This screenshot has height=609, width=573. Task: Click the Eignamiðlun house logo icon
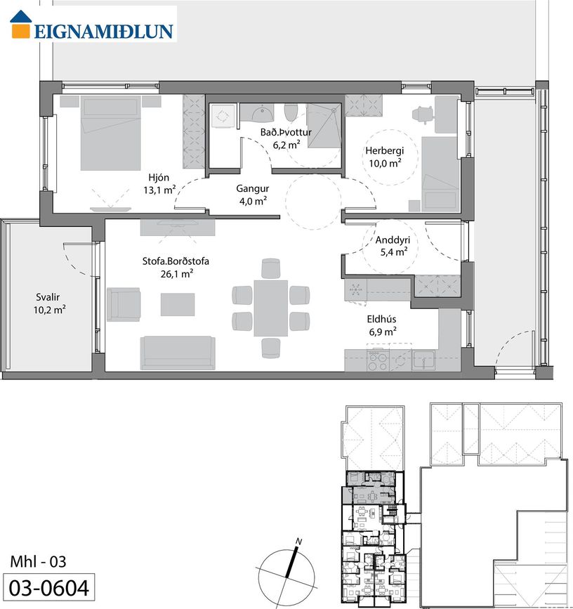point(20,25)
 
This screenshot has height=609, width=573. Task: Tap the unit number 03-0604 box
point(48,587)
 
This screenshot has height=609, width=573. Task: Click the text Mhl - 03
point(38,562)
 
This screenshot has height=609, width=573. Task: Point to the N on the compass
point(298,541)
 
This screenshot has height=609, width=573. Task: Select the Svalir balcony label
point(48,297)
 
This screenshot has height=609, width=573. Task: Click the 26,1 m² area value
point(177,274)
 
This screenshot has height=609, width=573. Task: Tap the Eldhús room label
point(381,320)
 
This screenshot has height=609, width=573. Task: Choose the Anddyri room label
point(393,240)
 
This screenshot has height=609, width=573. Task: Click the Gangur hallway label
point(253,189)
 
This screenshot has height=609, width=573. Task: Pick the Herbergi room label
point(384,151)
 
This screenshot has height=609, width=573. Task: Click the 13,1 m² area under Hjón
point(159,190)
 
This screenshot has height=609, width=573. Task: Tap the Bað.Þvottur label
point(286,133)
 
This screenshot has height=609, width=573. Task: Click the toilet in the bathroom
point(291,112)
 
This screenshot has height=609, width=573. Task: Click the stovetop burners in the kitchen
point(378,360)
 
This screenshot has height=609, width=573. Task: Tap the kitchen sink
point(423,360)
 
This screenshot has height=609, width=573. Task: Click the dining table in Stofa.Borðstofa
point(271,308)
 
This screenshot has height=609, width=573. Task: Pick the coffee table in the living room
point(178,305)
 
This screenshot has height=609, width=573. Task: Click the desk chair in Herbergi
point(422,114)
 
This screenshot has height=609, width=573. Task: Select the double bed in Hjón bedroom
point(110,133)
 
